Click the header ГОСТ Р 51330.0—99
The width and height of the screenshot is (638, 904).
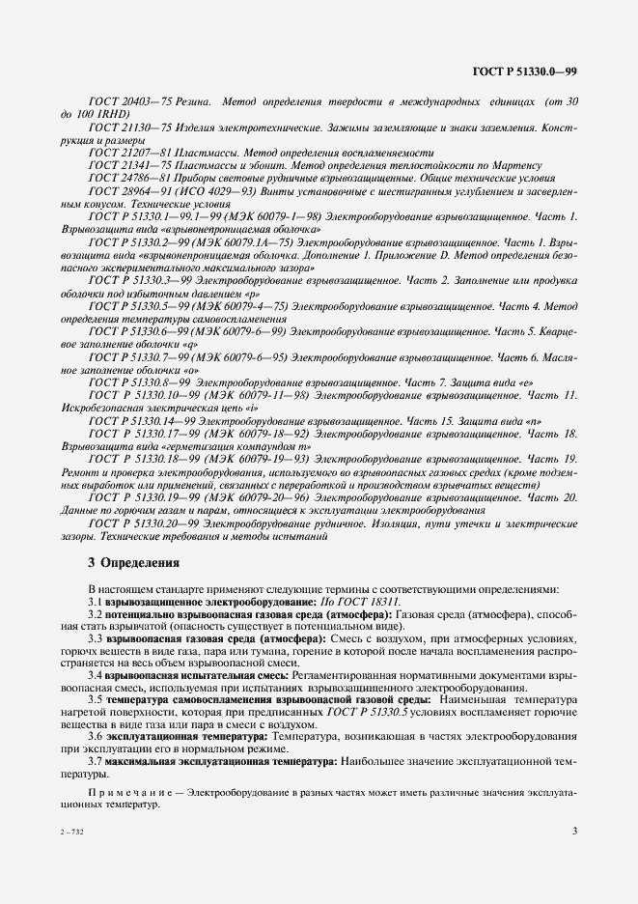click(524, 72)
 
